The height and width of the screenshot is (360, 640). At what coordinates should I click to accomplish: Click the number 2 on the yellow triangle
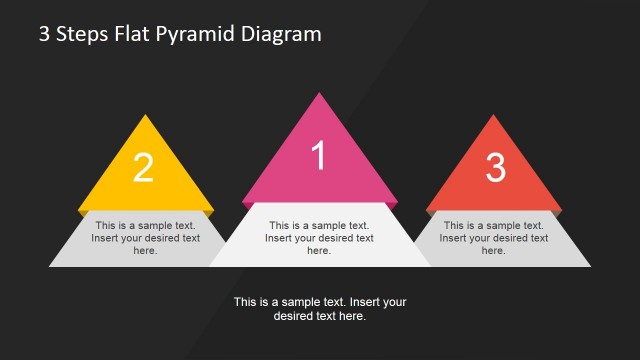144,168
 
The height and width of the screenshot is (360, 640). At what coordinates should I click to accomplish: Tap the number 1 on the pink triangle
319,156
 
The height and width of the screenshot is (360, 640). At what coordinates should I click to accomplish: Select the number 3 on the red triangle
495,168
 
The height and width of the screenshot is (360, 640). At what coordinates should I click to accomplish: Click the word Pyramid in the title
194,35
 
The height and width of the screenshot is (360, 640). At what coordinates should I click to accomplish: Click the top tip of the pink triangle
320,94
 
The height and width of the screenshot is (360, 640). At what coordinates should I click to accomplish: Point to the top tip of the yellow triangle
145,116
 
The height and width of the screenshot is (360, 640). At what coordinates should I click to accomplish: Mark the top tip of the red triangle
494,116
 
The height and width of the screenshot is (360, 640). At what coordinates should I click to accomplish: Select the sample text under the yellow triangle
145,238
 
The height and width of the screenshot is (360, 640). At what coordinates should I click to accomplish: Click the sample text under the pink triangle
319,238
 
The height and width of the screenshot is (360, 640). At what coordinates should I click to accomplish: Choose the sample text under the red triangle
494,238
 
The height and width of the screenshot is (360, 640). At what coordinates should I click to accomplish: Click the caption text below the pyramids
320,308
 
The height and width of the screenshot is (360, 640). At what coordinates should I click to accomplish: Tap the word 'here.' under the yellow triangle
145,251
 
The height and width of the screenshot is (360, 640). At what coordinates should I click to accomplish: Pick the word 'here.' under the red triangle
494,251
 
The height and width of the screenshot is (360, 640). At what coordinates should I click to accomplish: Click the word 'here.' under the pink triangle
319,251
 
